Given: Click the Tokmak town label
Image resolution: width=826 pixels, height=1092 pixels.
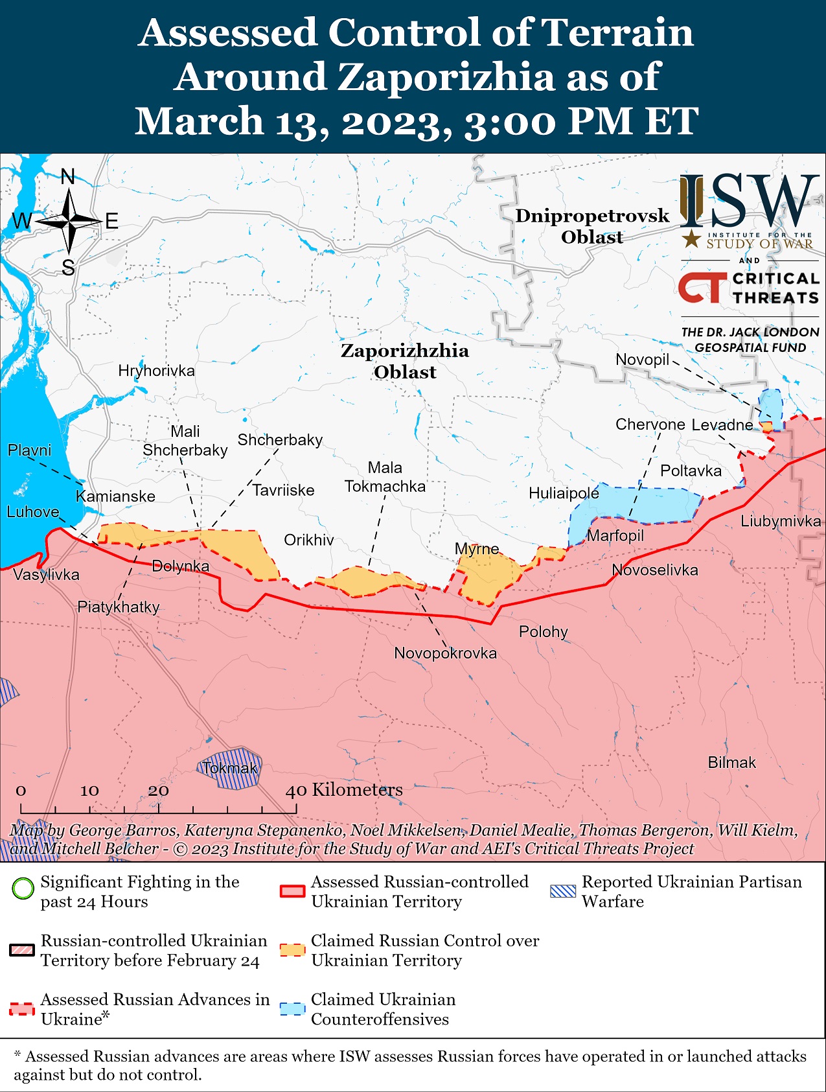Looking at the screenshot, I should tap(229, 769).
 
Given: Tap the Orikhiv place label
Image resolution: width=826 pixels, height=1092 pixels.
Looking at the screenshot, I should tap(309, 540).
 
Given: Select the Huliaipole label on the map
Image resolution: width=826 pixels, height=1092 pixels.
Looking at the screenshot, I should tap(564, 493).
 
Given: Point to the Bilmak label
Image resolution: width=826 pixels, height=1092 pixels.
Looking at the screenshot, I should tap(731, 763).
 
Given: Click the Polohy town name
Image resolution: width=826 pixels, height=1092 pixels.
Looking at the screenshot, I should tap(543, 631).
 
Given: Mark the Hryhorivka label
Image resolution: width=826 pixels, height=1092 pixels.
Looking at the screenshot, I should tap(156, 371).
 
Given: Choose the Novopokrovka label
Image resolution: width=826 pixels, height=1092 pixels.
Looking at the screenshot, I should tap(445, 653).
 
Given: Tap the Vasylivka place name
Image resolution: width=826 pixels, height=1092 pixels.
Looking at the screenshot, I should tap(46, 574).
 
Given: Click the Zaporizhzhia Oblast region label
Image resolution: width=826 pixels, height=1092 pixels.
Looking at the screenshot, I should tap(405, 361).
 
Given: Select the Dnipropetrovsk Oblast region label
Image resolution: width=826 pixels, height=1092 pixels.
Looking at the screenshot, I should tap(592, 226).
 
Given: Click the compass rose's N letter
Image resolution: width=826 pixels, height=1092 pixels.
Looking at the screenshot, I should tap(68, 177).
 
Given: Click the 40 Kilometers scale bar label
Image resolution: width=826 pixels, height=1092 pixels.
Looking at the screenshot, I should tap(345, 790).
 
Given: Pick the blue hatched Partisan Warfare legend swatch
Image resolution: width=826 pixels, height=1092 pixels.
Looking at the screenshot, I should tap(562, 891).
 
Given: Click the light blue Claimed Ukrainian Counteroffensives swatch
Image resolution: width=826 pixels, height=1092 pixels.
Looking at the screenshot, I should tap(292, 1009).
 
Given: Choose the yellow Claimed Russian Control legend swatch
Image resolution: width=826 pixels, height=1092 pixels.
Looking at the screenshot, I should tap(292, 950).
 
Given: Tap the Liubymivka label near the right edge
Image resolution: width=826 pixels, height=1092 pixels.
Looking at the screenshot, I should tap(780, 521).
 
